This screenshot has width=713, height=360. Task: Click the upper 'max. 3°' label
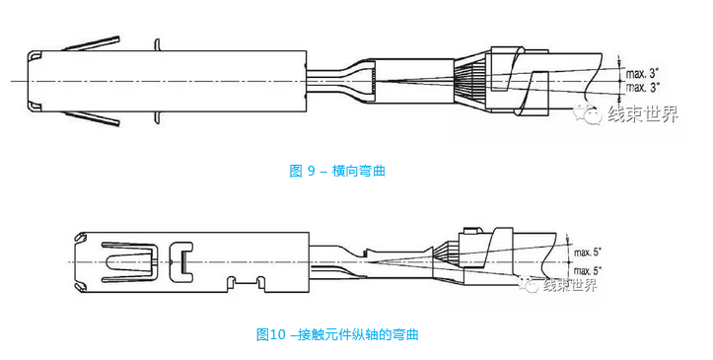click(643, 74)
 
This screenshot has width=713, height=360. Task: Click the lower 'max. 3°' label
click(643, 87)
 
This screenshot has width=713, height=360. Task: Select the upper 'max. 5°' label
click(588, 252)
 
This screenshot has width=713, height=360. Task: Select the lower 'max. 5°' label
click(588, 271)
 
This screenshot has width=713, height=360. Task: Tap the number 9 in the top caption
click(311, 171)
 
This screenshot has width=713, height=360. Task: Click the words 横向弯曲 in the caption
click(359, 171)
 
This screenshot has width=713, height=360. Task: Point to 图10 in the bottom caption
click(270, 335)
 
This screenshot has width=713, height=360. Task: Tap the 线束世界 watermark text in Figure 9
click(643, 113)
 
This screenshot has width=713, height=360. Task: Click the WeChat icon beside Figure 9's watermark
click(587, 113)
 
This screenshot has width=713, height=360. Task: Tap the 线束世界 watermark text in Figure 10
click(569, 285)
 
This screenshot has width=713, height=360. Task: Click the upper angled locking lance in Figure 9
click(92, 43)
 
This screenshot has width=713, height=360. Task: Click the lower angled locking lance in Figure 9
click(92, 119)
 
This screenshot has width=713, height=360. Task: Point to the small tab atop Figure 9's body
click(158, 44)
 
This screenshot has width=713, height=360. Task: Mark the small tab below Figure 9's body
click(158, 117)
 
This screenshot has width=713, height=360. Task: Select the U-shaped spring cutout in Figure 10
click(130, 262)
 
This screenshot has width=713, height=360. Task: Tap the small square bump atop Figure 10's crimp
click(470, 231)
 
